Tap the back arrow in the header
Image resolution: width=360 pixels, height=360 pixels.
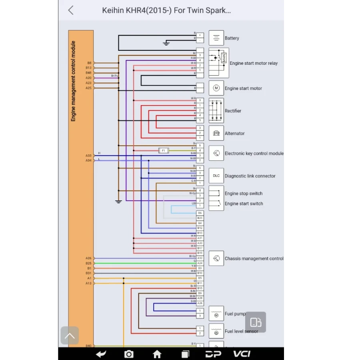coord(71,10)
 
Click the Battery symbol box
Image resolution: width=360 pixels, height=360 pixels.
coord(216,38)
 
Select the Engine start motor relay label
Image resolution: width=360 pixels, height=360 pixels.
coord(253,63)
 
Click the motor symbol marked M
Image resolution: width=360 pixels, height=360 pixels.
coord(216,88)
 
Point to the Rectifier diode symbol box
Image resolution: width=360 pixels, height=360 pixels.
coord(216,111)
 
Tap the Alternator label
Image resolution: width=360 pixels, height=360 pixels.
coord(234,134)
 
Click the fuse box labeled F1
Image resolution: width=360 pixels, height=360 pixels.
coord(163,150)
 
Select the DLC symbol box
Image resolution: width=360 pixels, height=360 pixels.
coord(216,176)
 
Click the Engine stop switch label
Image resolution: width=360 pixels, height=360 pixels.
coord(243,194)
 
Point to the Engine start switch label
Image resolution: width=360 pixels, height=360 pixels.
coord(244,204)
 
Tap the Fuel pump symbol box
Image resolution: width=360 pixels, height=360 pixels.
coord(216,314)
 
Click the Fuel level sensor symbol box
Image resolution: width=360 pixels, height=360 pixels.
coord(216,331)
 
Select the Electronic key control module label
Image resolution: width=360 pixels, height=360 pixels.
coord(254,154)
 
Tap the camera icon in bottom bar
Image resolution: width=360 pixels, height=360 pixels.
coord(129,354)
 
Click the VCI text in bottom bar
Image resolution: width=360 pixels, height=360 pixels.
coord(242,354)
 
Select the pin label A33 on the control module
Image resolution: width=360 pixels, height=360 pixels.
coord(88,156)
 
